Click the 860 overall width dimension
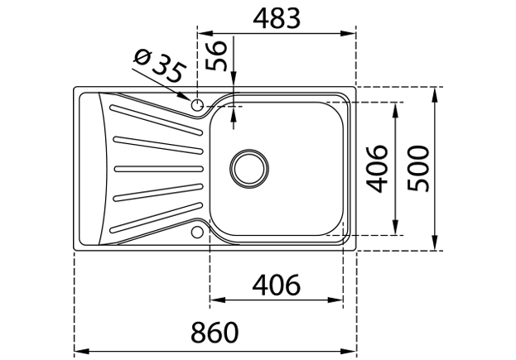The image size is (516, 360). tap(215, 332)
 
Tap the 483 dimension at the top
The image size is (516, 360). tap(277, 18)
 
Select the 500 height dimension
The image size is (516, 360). tap(418, 169)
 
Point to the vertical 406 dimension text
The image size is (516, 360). tap(377, 169)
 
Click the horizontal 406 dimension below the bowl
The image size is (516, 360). tap(276, 285)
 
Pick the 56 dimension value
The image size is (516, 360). tap(216, 55)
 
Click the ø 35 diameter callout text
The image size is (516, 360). tap(160, 66)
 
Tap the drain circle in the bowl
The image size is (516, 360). tap(249, 169)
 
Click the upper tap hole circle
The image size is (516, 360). tap(197, 105)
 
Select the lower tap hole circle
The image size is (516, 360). tap(197, 232)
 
